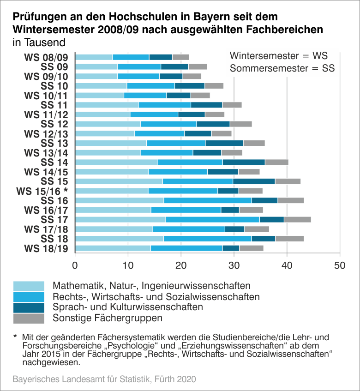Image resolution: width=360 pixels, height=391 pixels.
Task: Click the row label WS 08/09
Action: point(46,57)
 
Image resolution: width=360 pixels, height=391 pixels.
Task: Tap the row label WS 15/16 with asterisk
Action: point(42,191)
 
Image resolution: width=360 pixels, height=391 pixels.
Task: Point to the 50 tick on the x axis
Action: point(340,266)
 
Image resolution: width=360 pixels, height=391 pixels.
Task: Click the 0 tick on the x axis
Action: point(75,266)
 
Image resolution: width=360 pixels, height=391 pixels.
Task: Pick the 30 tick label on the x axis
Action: point(234,266)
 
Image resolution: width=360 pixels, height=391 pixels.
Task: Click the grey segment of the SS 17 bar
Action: point(297,219)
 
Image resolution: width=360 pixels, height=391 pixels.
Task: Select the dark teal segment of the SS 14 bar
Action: point(244,162)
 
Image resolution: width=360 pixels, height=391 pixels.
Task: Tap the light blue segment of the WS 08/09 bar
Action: point(94,57)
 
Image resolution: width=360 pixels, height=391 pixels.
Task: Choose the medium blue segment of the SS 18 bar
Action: point(207,239)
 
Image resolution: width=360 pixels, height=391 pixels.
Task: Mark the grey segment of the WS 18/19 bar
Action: point(251,248)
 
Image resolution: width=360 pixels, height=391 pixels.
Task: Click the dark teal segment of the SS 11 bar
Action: point(206,105)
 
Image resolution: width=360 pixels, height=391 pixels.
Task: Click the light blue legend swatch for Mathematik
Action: point(29,286)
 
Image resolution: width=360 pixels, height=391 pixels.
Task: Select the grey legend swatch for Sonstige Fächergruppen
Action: point(29,319)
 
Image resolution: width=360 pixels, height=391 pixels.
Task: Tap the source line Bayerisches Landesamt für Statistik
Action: point(104,379)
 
